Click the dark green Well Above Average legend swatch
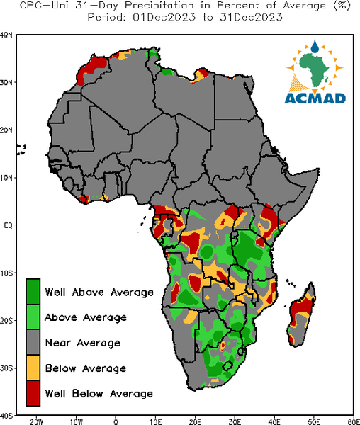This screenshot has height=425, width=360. pos(33,292)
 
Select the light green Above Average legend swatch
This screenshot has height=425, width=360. pos(33,317)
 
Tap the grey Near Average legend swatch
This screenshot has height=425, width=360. pos(33,342)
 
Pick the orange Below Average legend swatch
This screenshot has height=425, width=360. pos(33,368)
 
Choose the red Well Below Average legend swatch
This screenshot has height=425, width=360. pos(33,393)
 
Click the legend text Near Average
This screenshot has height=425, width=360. pos(83,343)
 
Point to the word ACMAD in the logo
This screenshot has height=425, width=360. pos(315,98)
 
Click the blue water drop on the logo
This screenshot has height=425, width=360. pos(315,46)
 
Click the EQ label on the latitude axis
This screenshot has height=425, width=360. pos(8,225)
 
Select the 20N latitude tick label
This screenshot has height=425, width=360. pos(6,130)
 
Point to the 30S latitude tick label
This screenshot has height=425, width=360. pos(6,368)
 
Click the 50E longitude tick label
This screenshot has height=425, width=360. pos(314,421)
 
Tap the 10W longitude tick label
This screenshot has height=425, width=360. pos(76,421)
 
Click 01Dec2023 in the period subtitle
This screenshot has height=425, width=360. pos(164,18)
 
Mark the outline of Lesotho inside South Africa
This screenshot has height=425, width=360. pos(227,365)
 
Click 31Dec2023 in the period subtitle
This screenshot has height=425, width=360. pos(252,18)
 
